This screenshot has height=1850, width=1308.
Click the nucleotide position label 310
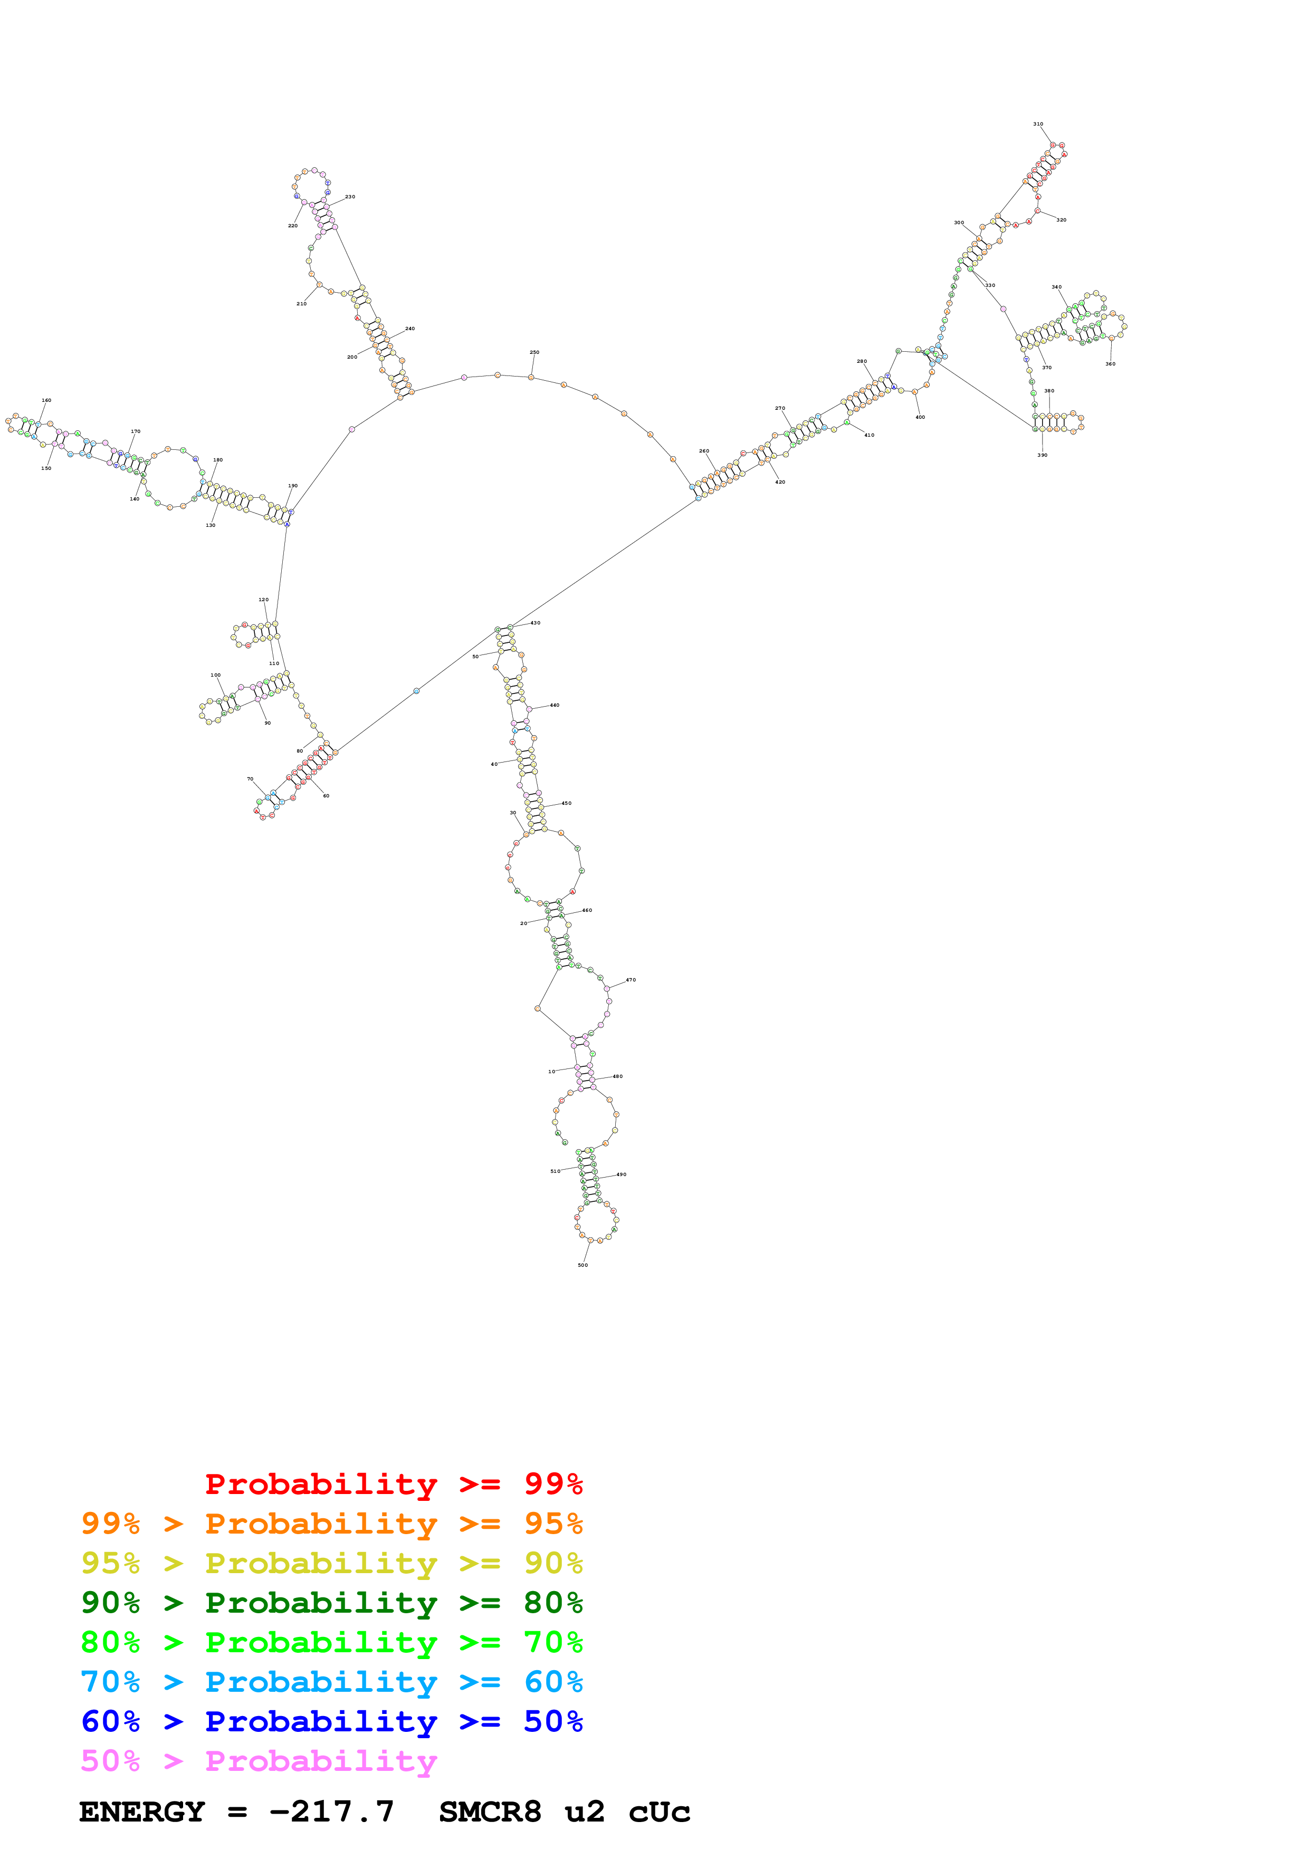pos(1037,124)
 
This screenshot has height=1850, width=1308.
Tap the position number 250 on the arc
pos(534,352)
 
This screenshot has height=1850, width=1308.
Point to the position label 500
pos(583,1265)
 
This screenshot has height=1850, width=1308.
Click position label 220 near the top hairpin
pos(292,226)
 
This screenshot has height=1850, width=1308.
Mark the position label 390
pos(1042,455)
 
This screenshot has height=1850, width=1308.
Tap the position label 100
pos(215,675)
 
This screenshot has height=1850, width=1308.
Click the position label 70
pos(250,779)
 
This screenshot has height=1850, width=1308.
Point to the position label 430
pos(535,623)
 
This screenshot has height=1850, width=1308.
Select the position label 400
pos(920,417)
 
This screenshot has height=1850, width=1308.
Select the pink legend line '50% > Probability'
pos(259,1761)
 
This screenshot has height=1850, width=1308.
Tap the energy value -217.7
pos(331,1812)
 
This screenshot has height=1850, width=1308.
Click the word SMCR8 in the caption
pos(490,1812)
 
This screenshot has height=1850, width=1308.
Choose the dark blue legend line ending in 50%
pos(331,1722)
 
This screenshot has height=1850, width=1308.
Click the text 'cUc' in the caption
pos(659,1812)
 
